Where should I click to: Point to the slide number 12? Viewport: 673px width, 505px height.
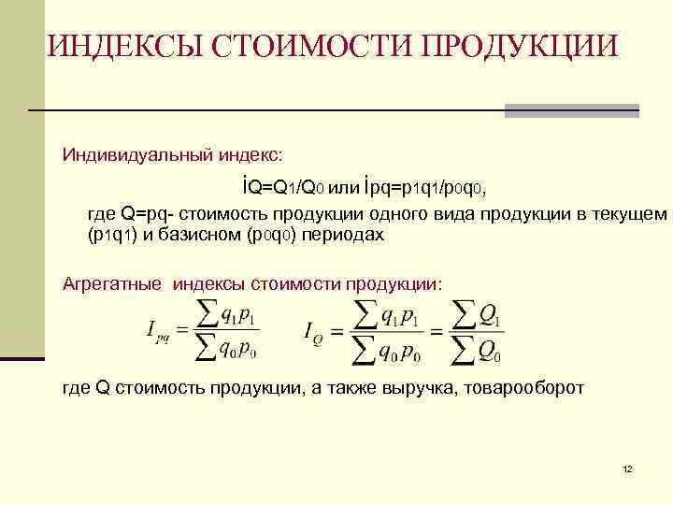click(627, 468)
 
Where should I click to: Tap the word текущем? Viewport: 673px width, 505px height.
click(628, 215)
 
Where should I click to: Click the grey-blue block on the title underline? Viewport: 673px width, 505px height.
click(571, 110)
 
